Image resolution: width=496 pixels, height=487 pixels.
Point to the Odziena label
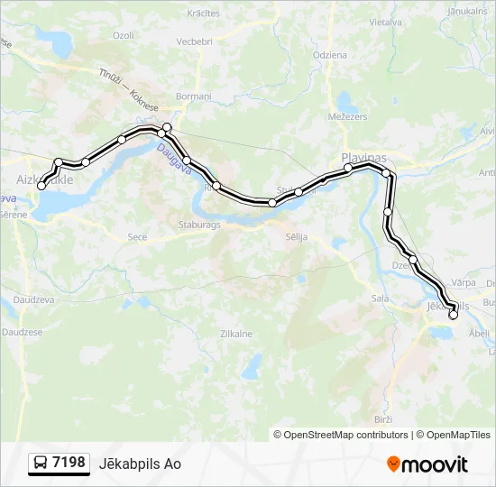pyautogui.click(x=329, y=55)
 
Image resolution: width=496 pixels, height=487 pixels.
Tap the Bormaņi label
pyautogui.click(x=193, y=96)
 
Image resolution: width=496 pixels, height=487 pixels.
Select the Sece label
pyautogui.click(x=137, y=237)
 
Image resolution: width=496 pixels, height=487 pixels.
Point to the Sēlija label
pyautogui.click(x=296, y=236)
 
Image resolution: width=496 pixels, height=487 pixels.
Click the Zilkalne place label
pyautogui.click(x=236, y=333)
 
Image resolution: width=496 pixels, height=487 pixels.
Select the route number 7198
pyautogui.click(x=69, y=463)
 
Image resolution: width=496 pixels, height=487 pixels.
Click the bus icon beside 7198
pyautogui.click(x=41, y=464)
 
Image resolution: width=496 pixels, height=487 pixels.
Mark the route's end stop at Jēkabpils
pyautogui.click(x=453, y=315)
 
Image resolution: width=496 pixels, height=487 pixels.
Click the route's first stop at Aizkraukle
pyautogui.click(x=41, y=186)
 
